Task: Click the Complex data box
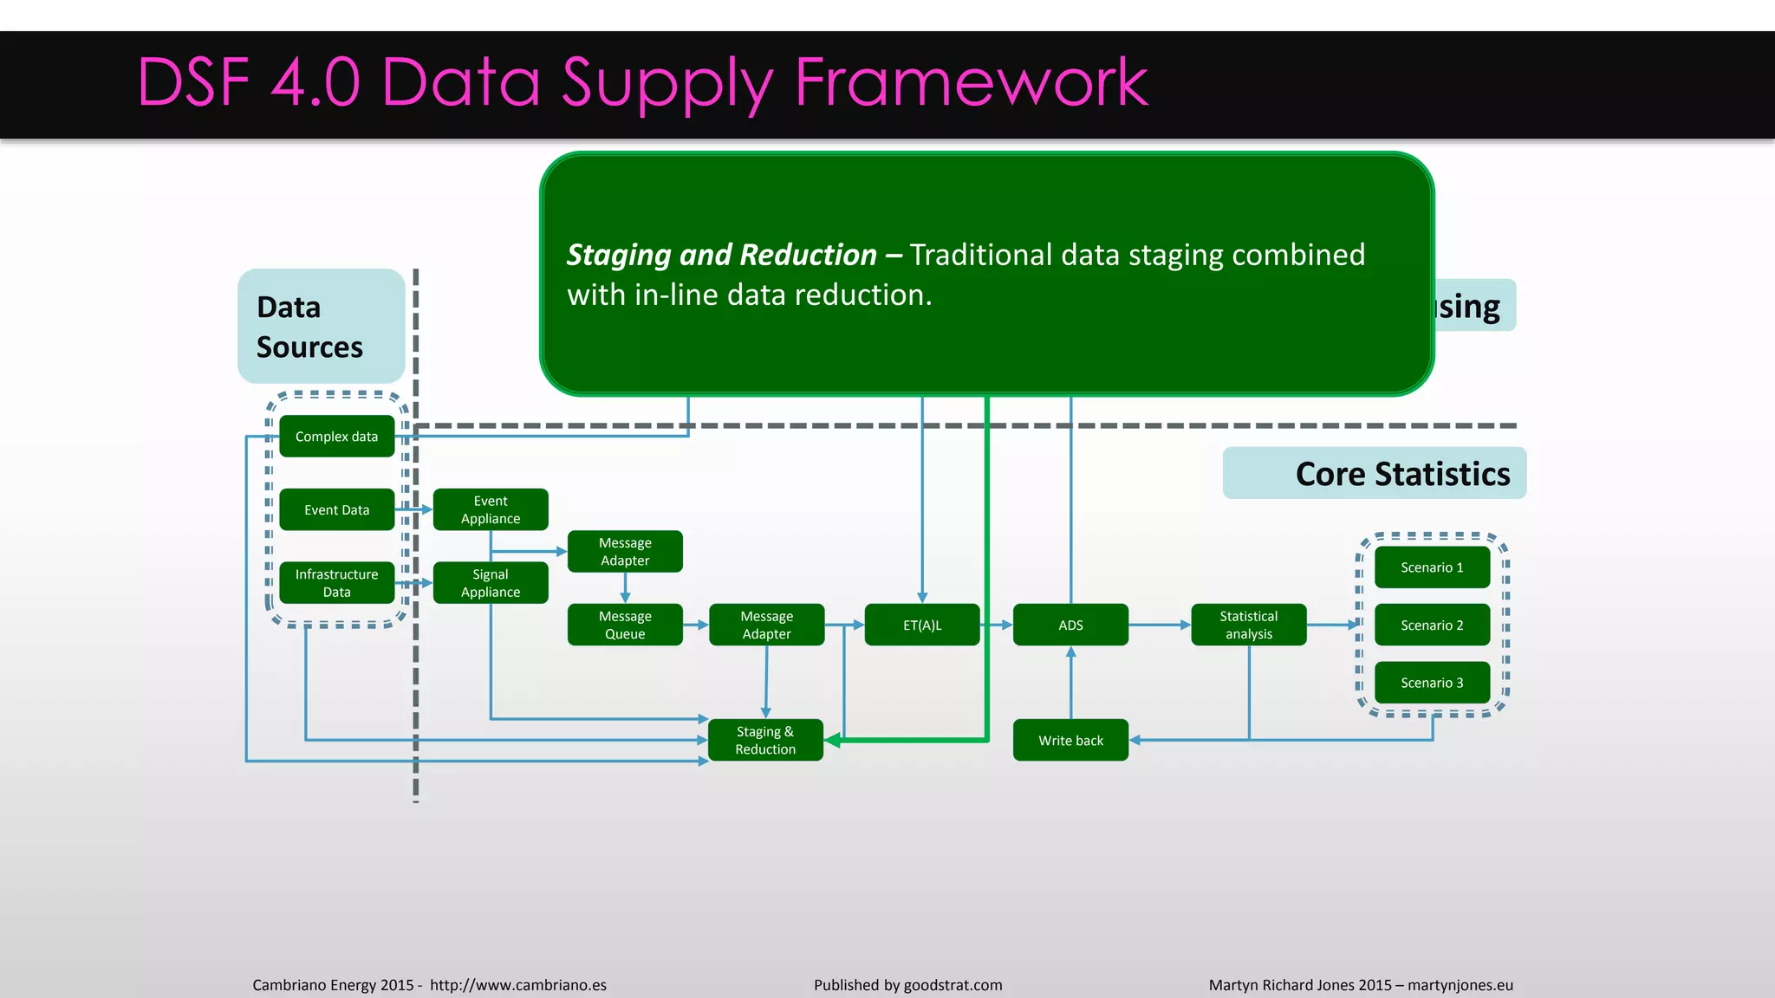coord(336,437)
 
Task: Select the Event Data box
coord(336,510)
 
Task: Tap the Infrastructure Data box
coord(336,583)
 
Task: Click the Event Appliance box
coord(491,509)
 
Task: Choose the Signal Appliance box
coord(491,583)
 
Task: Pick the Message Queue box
coord(625,625)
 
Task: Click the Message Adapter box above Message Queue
coord(625,552)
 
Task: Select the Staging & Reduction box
coord(765,741)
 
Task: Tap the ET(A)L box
coord(922,625)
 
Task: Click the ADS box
coord(1070,625)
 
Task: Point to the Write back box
coord(1070,741)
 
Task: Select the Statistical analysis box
coord(1248,625)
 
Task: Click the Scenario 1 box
coord(1432,567)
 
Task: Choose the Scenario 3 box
coord(1432,683)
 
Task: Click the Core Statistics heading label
coord(1401,474)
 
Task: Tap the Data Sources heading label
coord(309,327)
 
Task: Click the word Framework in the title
coord(971,82)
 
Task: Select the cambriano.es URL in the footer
coord(517,985)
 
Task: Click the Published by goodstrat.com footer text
coord(907,985)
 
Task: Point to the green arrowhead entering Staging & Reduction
coord(833,741)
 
